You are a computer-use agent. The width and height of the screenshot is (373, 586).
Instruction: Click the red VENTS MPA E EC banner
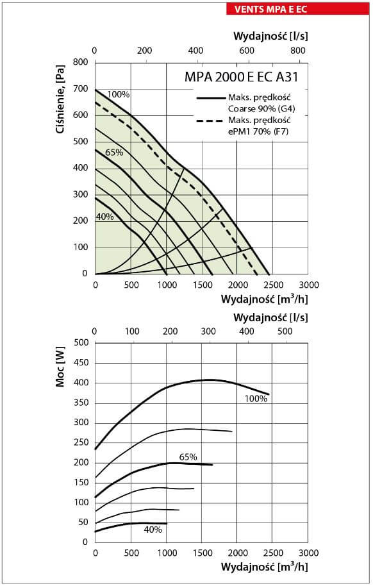tap(297, 9)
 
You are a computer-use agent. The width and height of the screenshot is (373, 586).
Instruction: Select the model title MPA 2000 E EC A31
tap(242, 77)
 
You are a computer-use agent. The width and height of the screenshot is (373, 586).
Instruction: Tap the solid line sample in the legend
tap(211, 98)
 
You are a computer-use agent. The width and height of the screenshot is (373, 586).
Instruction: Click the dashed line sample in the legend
tap(211, 121)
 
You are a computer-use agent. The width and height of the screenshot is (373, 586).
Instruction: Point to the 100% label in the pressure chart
tap(118, 94)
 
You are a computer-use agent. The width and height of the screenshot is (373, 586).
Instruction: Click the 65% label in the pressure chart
tap(114, 153)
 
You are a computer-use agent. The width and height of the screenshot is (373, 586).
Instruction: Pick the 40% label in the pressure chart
tap(105, 217)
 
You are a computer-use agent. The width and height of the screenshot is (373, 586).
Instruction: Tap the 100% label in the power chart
tap(256, 399)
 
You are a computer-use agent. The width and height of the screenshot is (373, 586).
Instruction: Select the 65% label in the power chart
tap(188, 457)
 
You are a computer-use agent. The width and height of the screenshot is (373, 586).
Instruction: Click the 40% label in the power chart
tap(153, 530)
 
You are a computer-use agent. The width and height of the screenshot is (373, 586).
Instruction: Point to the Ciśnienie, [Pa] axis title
tap(60, 99)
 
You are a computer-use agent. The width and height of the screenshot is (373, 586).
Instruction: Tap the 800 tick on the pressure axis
tap(81, 62)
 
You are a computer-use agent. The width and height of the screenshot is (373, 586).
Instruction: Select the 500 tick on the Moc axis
tap(81, 343)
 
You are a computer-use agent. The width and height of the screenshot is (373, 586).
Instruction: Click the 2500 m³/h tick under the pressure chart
tap(274, 285)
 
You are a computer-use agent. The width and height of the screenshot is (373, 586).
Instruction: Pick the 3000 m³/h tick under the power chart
tap(309, 553)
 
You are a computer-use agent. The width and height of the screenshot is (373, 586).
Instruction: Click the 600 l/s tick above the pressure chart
tap(247, 51)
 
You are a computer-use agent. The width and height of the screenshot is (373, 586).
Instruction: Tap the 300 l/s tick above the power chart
tap(208, 331)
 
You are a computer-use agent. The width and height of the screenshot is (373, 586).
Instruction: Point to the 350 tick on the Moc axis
tap(81, 403)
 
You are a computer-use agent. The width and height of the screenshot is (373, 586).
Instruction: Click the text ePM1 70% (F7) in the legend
tap(258, 131)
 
